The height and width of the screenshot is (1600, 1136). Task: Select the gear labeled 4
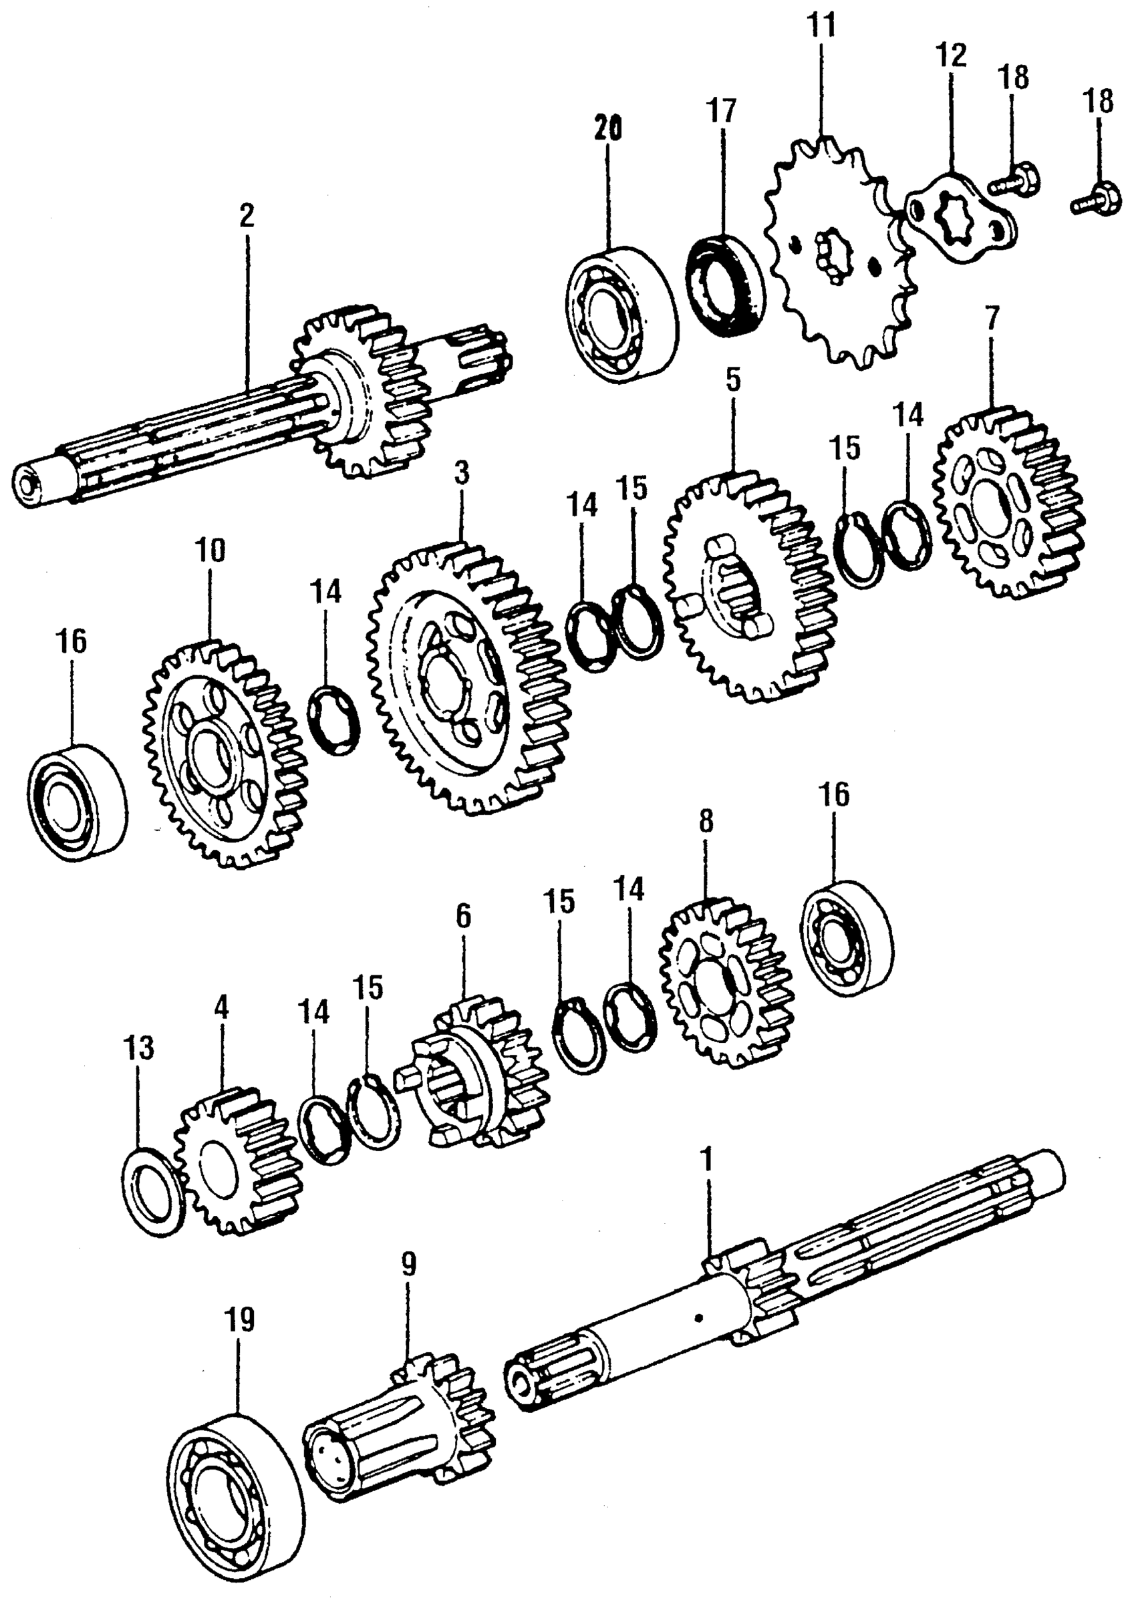coord(235,1161)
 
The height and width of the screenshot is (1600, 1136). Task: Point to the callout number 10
coord(210,550)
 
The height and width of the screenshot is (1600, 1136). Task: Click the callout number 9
coord(408,1264)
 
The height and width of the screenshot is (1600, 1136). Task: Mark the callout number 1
coord(707,1160)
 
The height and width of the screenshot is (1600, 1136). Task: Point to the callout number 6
coord(464,917)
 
